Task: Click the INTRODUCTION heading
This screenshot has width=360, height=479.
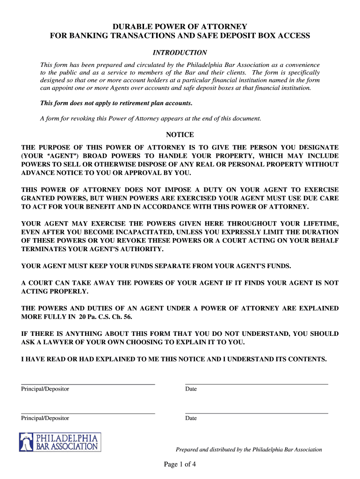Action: coord(180,53)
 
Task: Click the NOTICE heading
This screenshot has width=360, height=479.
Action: coord(180,135)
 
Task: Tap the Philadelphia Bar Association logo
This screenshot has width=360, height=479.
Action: coord(59,442)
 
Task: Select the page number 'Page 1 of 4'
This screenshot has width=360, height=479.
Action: coord(180,464)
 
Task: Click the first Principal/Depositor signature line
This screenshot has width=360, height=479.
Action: coord(88,384)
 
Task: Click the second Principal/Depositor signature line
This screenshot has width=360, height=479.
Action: coord(88,413)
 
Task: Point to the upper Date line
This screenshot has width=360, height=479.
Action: coord(257,384)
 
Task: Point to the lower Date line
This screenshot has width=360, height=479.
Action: coord(257,413)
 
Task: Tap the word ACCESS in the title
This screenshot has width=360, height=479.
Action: coord(292,36)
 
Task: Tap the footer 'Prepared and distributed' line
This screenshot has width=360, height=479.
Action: coord(249,450)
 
